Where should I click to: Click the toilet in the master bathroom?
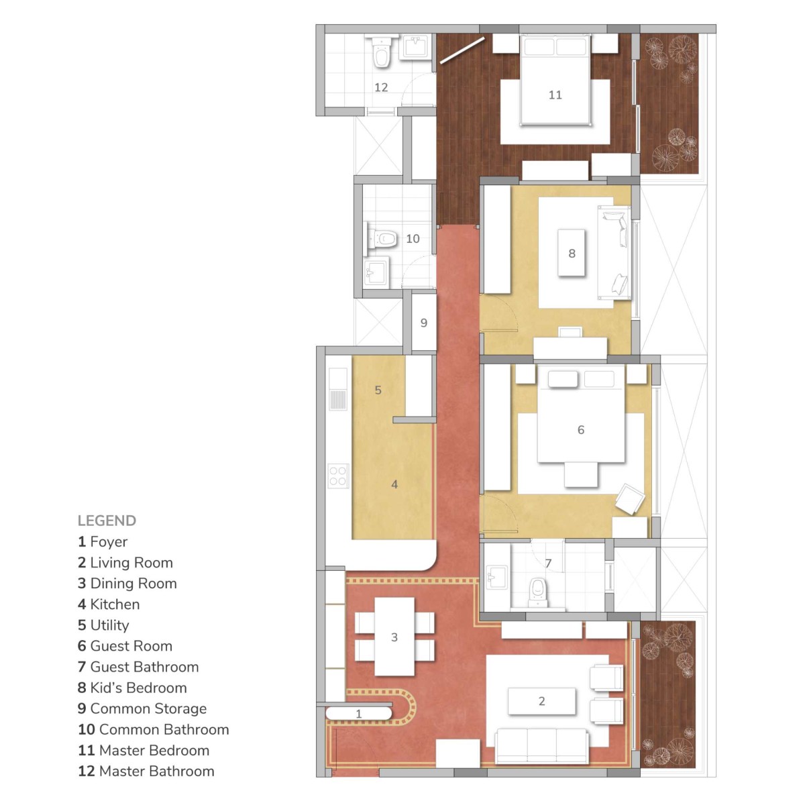point(382,52)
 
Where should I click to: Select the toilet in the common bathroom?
point(380,239)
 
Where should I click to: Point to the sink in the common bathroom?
point(376,271)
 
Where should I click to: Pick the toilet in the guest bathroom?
point(537,592)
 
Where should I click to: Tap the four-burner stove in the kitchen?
point(338,476)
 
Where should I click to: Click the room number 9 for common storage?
point(423,323)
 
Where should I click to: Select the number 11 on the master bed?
point(555,95)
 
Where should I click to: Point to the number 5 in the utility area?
point(378,390)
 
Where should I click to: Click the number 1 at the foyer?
point(358,714)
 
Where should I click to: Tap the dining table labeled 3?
point(394,637)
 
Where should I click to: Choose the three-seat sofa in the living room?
point(541,746)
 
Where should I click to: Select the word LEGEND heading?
point(107,521)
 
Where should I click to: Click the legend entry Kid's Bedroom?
point(132,688)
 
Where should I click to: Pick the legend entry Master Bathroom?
point(146,771)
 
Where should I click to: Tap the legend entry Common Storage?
point(142,709)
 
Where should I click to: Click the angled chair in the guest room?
point(630,499)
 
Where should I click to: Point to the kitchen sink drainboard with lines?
point(338,399)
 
